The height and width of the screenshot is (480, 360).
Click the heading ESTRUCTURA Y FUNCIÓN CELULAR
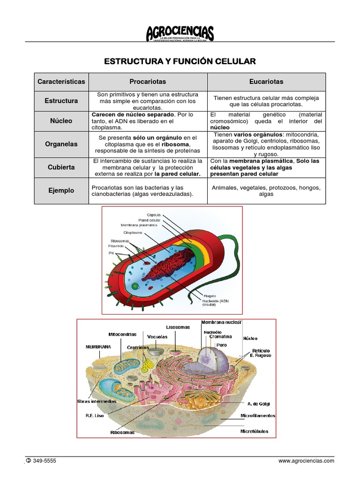click(180, 61)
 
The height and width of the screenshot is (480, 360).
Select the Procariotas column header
click(148, 82)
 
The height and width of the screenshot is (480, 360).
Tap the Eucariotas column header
click(266, 82)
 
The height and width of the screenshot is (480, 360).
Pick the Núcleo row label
click(61, 120)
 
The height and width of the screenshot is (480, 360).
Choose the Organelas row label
click(61, 144)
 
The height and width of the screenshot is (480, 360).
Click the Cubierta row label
click(61, 167)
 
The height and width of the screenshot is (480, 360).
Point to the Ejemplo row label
click(61, 191)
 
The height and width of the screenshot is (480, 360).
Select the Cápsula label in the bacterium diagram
click(153, 214)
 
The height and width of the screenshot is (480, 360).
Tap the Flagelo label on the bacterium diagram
click(210, 295)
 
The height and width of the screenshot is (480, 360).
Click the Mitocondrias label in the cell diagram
click(122, 334)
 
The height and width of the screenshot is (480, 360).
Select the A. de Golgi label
click(259, 404)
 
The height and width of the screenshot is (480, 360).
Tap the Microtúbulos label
click(254, 431)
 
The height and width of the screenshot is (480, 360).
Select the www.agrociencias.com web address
click(306, 461)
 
